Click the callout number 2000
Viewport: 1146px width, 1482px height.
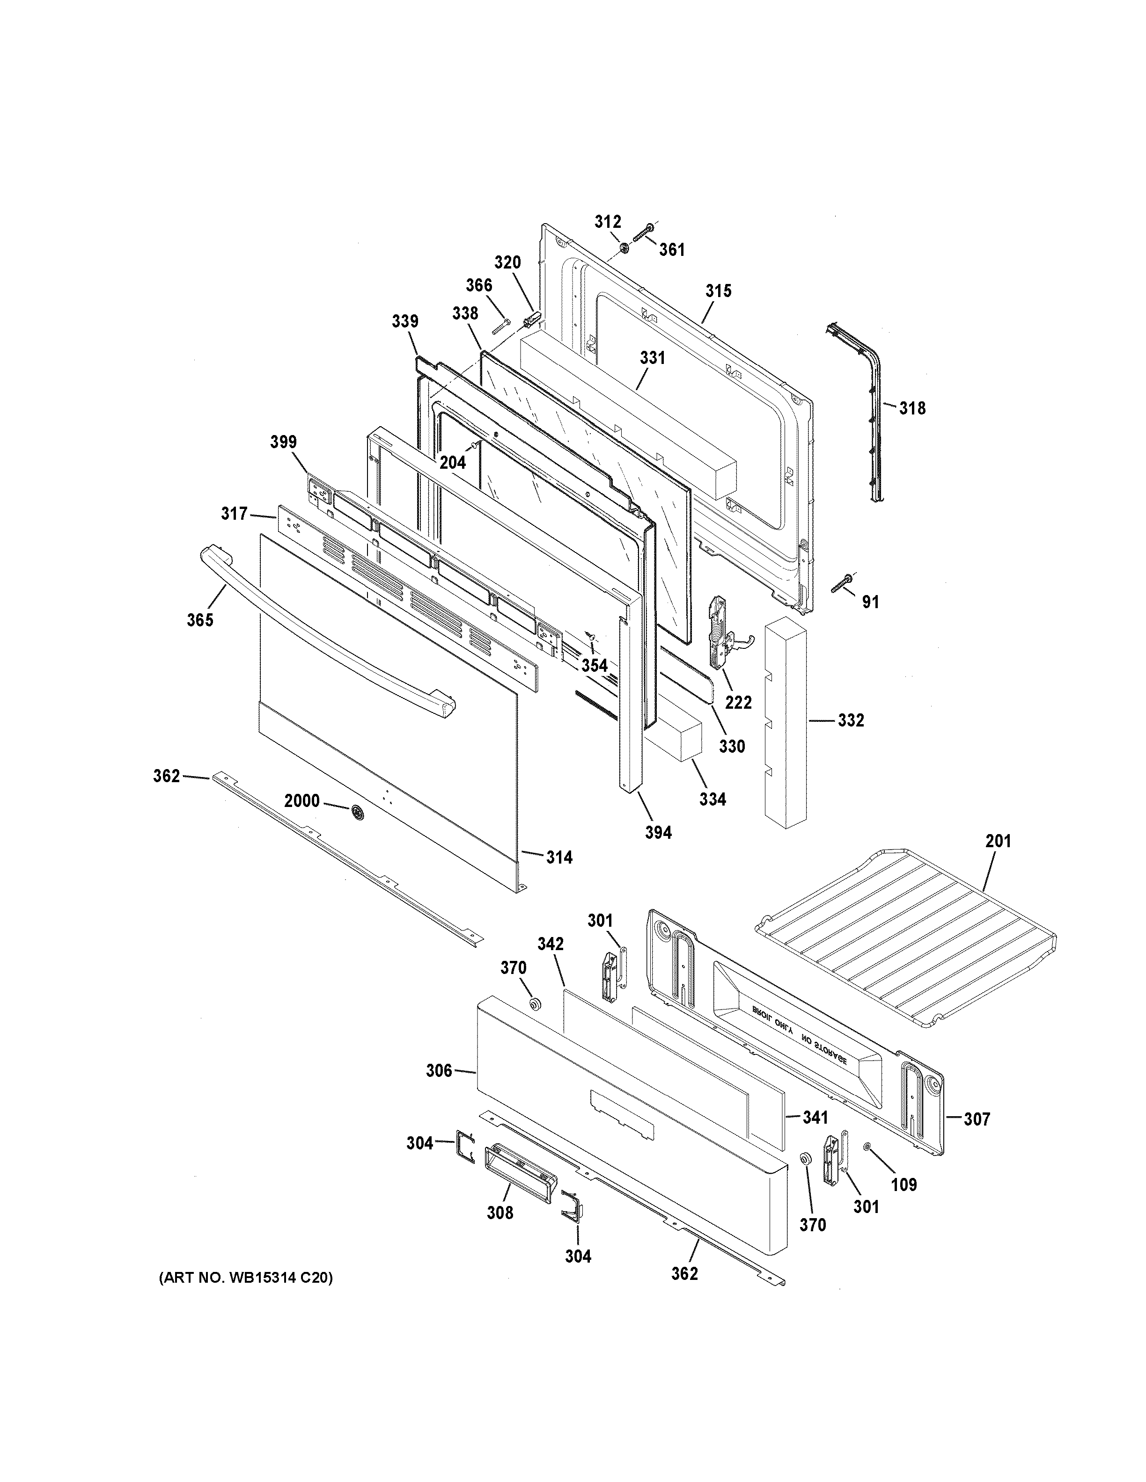pos(301,801)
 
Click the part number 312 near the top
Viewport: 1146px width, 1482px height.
pos(608,222)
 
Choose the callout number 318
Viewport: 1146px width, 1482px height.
pos(912,408)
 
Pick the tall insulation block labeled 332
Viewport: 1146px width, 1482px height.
pos(785,723)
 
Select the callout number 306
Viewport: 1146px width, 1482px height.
pos(439,1071)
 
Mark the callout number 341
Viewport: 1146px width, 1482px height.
pos(815,1118)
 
